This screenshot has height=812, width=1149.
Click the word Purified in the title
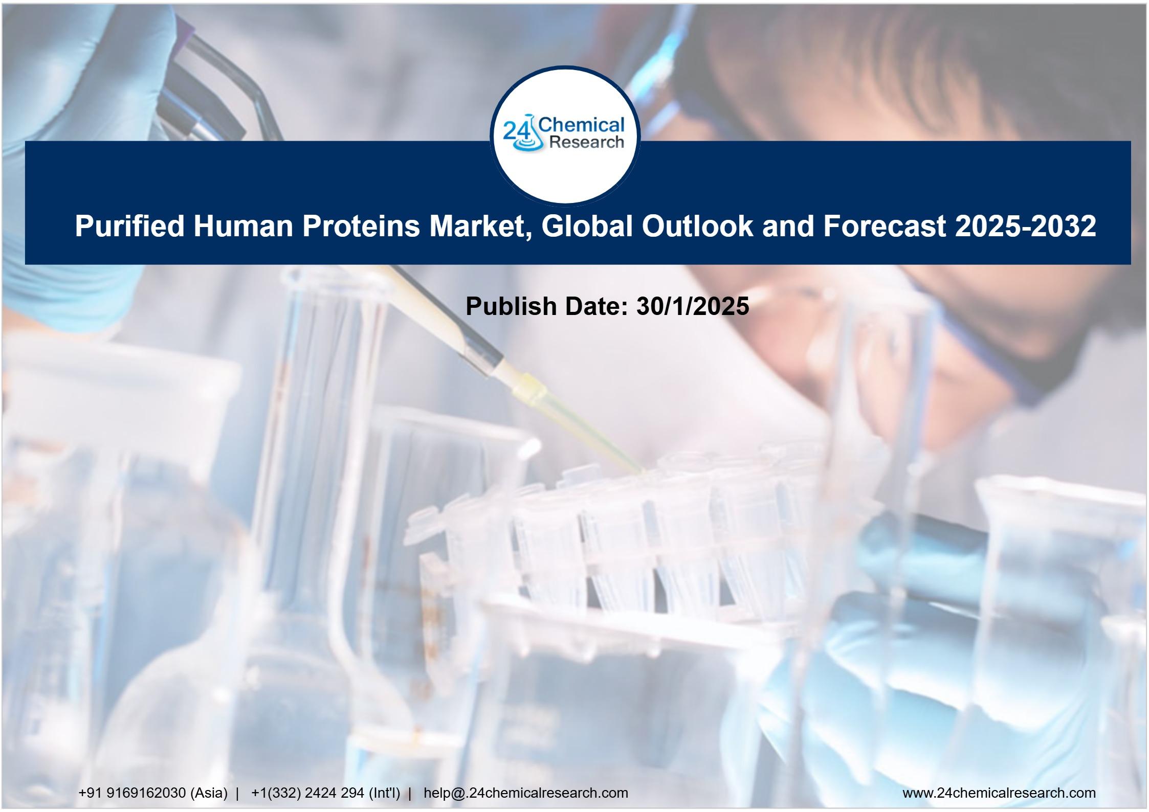(x=129, y=226)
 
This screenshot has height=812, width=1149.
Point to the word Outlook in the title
(x=698, y=226)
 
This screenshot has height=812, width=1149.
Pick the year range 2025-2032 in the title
(x=1025, y=226)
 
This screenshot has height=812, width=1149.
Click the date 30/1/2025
(x=693, y=306)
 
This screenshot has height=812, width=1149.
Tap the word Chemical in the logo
(x=582, y=126)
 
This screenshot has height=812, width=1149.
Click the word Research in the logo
(x=586, y=143)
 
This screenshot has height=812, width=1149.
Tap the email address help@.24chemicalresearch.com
(x=526, y=793)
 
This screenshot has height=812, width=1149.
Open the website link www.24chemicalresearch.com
(x=999, y=793)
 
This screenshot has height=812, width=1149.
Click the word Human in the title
(x=244, y=226)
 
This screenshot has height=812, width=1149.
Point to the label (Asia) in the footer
(x=209, y=793)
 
